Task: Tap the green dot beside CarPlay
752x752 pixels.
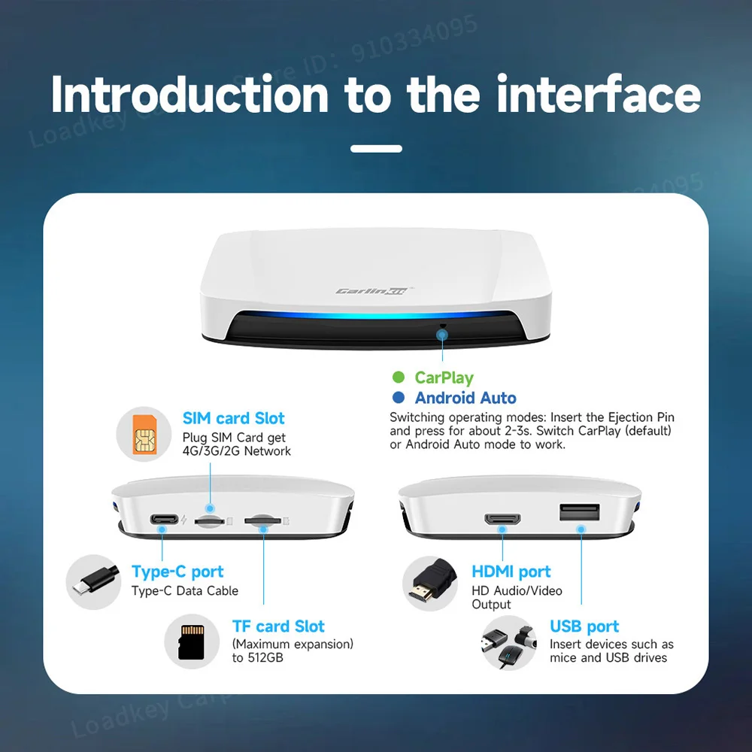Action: (x=399, y=378)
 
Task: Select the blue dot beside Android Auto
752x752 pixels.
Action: (x=399, y=398)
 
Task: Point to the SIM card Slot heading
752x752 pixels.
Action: (x=234, y=418)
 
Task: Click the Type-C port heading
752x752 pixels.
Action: (x=177, y=572)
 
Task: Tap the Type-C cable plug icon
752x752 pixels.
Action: (x=93, y=582)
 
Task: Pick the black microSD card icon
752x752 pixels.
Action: (x=192, y=641)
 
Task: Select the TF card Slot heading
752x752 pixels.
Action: (x=278, y=626)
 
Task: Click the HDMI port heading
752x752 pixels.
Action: (x=511, y=572)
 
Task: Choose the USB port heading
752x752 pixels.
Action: (x=584, y=626)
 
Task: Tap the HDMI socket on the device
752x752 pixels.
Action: (x=502, y=519)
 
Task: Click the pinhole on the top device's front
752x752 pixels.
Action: (x=443, y=326)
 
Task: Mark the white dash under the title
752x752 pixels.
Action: (x=376, y=149)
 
